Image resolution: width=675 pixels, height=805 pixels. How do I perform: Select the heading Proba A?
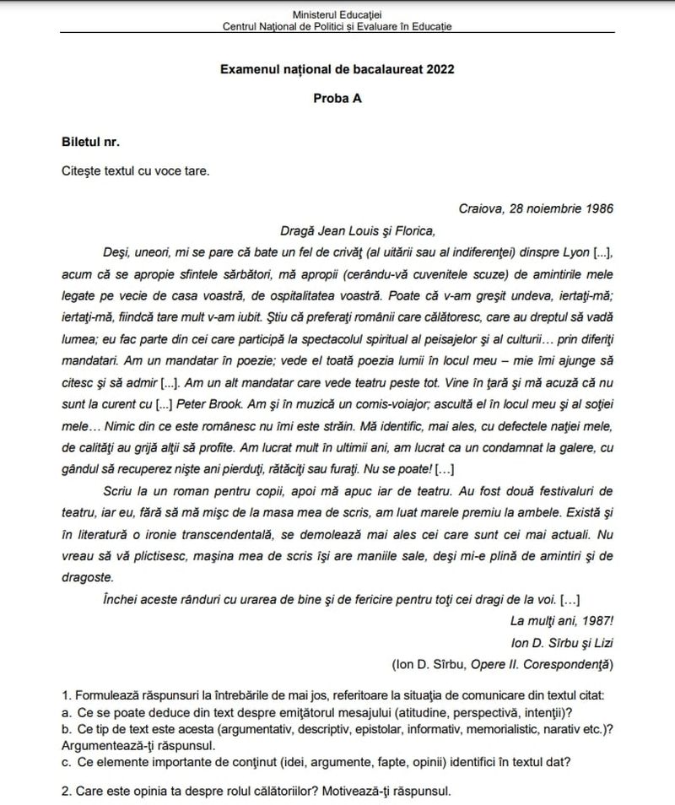click(x=337, y=99)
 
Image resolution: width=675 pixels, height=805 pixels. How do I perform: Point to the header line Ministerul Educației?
click(x=337, y=14)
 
